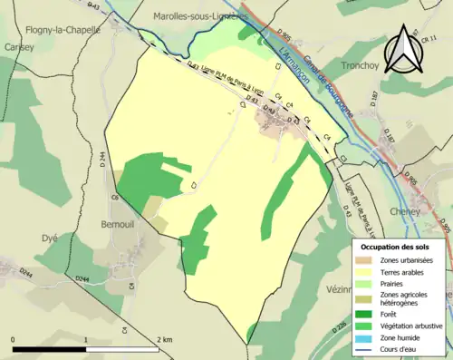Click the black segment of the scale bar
[x=50, y=348]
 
